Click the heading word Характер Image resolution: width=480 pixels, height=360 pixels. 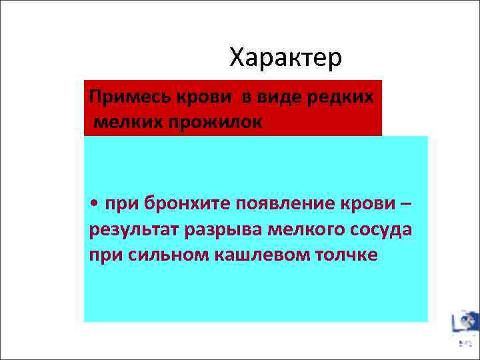[x=285, y=58]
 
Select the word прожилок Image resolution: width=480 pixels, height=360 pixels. [x=210, y=121]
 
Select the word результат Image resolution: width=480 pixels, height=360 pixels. [x=131, y=229]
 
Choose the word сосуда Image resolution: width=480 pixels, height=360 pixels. [x=379, y=229]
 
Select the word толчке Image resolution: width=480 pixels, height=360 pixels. [x=346, y=255]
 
